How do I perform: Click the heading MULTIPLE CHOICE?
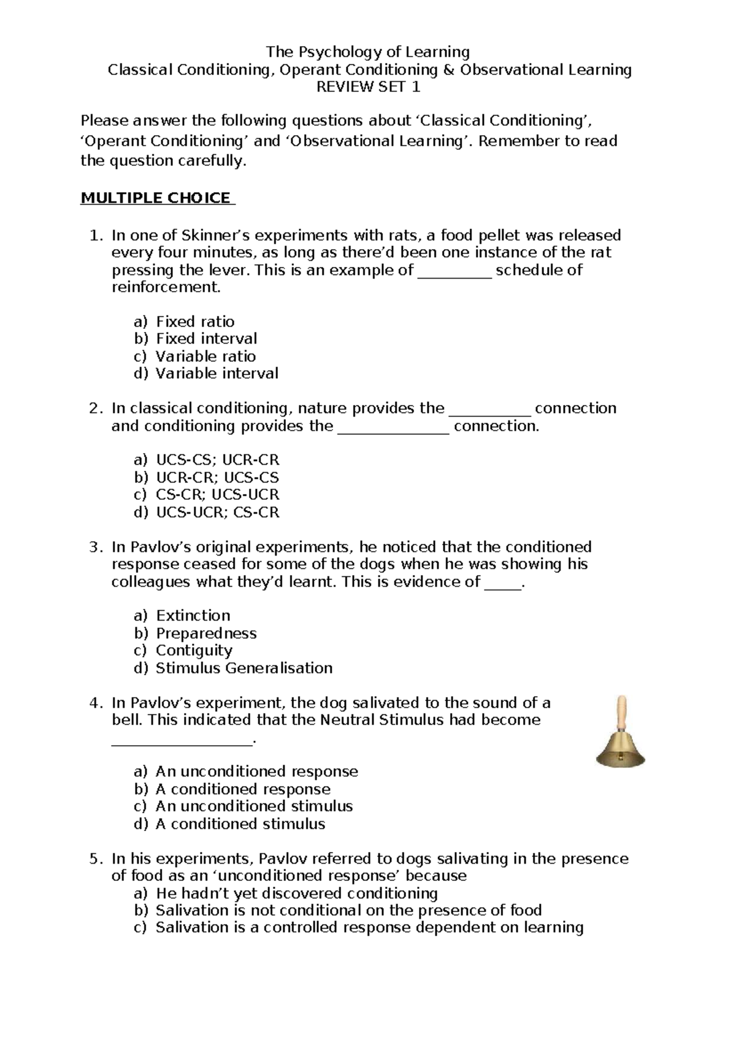157,198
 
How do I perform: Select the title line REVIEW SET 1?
368,87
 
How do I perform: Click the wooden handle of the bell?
622,712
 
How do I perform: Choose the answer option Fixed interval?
206,339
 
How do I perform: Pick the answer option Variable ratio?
205,356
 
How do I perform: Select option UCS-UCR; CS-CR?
217,512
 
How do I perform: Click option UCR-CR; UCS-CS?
217,478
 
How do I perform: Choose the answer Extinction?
193,616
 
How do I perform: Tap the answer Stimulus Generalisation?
243,668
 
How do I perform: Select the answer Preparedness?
206,633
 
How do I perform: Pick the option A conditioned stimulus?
240,824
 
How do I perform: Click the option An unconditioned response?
256,772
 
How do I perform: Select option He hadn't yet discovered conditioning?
296,893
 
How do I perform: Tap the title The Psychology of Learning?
368,52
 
